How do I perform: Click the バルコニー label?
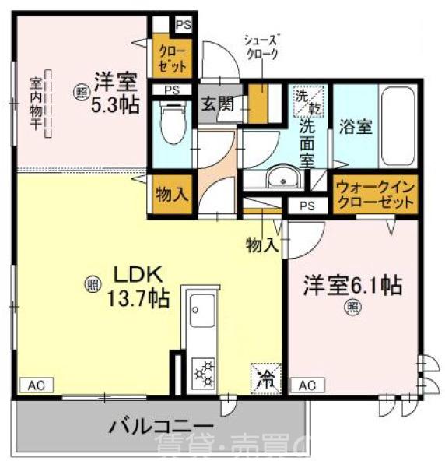pos(159,426)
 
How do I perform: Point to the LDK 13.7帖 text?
pos(138,285)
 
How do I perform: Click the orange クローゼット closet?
pos(170,58)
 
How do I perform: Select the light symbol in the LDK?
pos(92,285)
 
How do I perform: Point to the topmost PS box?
pos(183,26)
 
